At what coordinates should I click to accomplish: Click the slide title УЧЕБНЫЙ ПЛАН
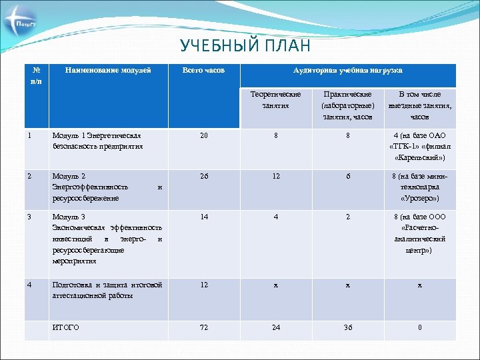click(x=245, y=46)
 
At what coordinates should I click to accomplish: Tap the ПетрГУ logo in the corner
click(x=22, y=25)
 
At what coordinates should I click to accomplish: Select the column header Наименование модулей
click(x=107, y=70)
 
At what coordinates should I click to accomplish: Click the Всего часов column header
click(x=203, y=70)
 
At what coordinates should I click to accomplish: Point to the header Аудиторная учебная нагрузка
click(x=347, y=70)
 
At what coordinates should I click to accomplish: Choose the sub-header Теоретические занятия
click(x=275, y=100)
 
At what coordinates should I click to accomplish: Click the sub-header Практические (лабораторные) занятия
click(x=347, y=106)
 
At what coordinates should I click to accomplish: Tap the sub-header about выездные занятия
click(x=420, y=106)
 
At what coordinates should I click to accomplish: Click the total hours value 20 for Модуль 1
click(x=203, y=135)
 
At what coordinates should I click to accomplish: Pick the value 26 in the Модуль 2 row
click(x=203, y=177)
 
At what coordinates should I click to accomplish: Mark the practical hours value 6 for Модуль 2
click(x=347, y=177)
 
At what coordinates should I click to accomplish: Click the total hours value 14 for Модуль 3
click(x=203, y=217)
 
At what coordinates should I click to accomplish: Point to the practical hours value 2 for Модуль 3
click(x=347, y=217)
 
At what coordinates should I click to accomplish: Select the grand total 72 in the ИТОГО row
click(x=203, y=327)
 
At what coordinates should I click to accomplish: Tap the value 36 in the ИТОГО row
click(x=347, y=327)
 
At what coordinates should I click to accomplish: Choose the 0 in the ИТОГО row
click(x=420, y=327)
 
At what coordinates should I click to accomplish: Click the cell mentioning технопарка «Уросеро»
click(x=420, y=188)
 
